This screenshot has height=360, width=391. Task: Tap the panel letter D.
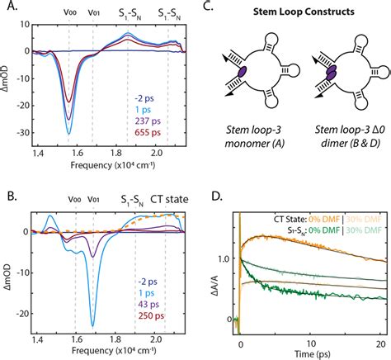click(x=217, y=197)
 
